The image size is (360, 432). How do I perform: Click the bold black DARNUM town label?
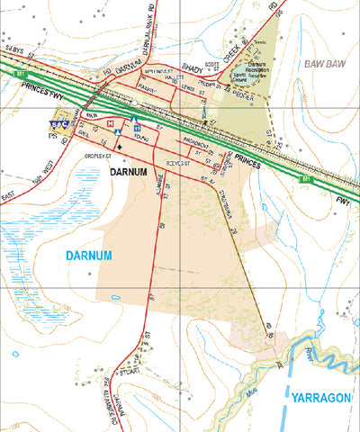point(130,169)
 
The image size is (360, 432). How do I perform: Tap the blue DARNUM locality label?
point(89,256)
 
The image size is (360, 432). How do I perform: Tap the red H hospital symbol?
point(110,123)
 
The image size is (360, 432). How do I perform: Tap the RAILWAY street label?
point(148,88)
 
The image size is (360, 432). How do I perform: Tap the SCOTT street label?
point(212,64)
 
